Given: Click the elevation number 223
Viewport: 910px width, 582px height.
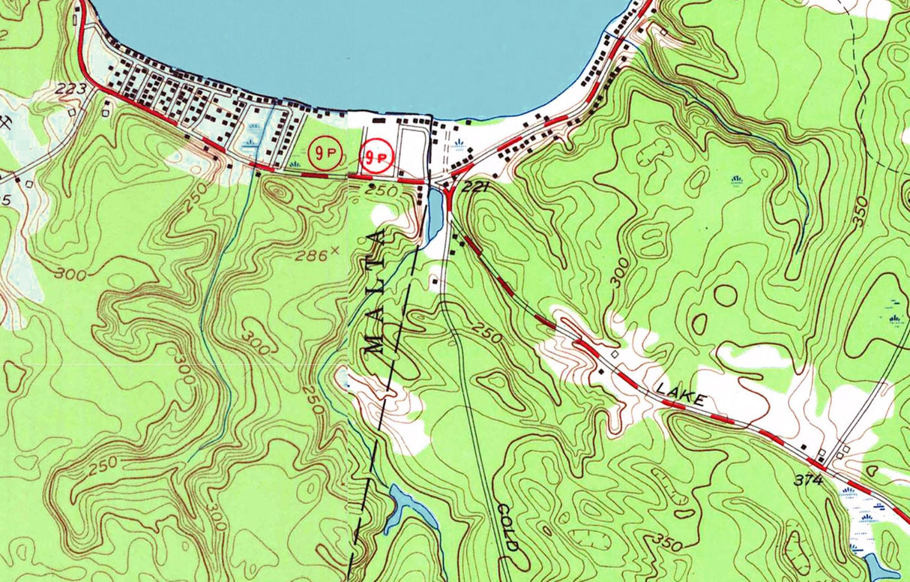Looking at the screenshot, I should point(70,89).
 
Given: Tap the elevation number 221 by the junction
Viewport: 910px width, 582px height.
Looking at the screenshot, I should point(475,186).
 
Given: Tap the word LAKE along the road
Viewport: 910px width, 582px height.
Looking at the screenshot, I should point(681,395).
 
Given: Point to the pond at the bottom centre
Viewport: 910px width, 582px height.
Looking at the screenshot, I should point(411,509).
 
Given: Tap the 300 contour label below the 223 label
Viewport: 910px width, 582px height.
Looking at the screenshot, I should point(70,274).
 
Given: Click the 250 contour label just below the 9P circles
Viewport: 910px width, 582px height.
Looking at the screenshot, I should point(382,191).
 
